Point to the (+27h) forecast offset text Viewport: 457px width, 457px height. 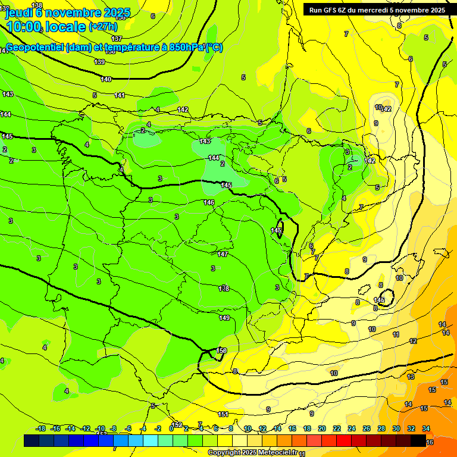click(x=103, y=27)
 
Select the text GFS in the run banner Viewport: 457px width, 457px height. click(x=331, y=10)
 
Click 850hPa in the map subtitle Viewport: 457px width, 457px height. click(x=184, y=48)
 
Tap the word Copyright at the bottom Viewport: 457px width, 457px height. click(x=224, y=453)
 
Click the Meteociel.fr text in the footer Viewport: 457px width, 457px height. click(x=277, y=453)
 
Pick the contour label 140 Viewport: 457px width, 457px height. click(x=106, y=79)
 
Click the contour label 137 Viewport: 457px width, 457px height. click(x=117, y=39)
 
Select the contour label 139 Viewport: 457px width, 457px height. click(x=99, y=62)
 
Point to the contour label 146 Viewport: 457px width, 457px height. click(x=209, y=203)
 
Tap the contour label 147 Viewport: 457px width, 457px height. click(x=223, y=254)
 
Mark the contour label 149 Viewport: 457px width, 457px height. click(x=224, y=318)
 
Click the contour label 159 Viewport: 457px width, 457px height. click(x=222, y=350)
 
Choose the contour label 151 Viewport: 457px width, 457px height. click(x=223, y=414)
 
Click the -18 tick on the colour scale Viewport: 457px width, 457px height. click(x=40, y=428)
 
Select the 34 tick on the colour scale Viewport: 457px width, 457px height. click(x=426, y=428)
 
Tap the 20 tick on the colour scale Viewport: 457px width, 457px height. click(x=322, y=428)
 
